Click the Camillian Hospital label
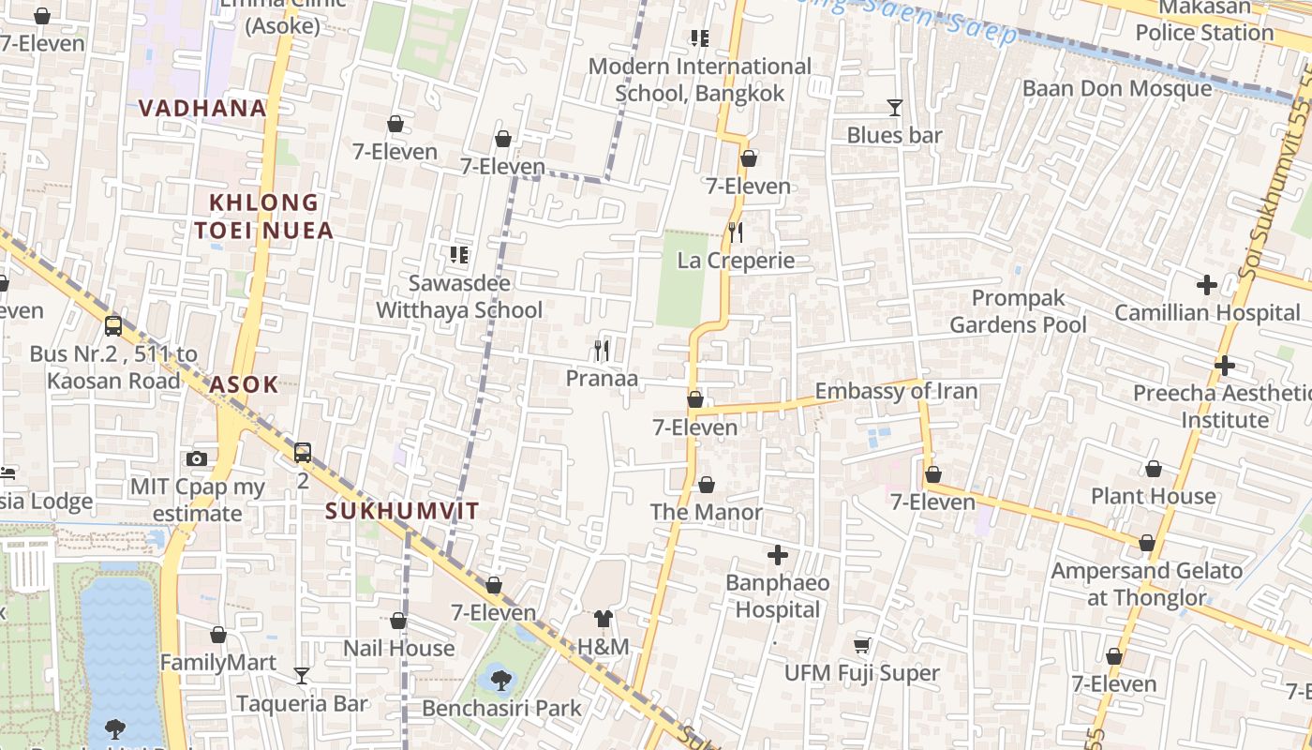tap(1207, 312)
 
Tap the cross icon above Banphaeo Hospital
tap(777, 555)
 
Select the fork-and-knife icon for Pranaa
tap(602, 352)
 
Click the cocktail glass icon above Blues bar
tap(894, 108)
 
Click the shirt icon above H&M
tap(603, 619)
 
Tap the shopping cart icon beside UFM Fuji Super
tap(861, 645)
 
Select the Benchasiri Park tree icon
tap(500, 680)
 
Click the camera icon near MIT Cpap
tap(196, 458)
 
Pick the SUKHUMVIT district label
tap(402, 511)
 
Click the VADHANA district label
tap(202, 108)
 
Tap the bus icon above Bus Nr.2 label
tap(113, 326)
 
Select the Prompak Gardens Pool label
tap(1018, 311)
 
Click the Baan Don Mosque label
tap(1117, 88)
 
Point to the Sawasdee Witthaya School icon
tap(458, 254)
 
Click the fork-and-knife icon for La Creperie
tap(736, 232)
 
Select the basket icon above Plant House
tap(1153, 469)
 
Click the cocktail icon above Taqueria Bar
tap(301, 675)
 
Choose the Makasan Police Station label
tap(1204, 20)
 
